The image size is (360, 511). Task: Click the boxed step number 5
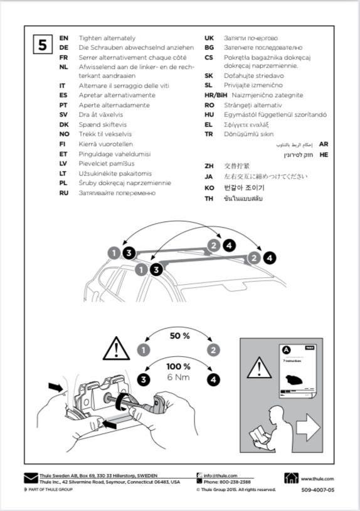pyautogui.click(x=43, y=45)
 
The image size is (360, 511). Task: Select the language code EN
pyautogui.click(x=63, y=38)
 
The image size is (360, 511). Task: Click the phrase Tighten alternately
pyautogui.click(x=107, y=38)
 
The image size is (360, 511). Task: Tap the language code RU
pyautogui.click(x=63, y=193)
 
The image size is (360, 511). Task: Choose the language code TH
pyautogui.click(x=209, y=198)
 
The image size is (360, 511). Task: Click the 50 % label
pyautogui.click(x=179, y=335)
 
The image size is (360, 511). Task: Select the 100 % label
pyautogui.click(x=179, y=366)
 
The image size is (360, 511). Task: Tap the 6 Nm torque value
pyautogui.click(x=179, y=377)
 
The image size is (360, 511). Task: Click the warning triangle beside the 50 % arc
pyautogui.click(x=116, y=348)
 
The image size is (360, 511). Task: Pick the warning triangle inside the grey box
pyautogui.click(x=257, y=368)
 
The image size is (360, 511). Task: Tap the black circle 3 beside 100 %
pyautogui.click(x=145, y=379)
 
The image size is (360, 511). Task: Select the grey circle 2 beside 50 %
pyautogui.click(x=214, y=350)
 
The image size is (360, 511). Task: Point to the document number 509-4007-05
pyautogui.click(x=317, y=490)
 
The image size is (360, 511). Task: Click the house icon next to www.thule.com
pyautogui.click(x=292, y=478)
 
